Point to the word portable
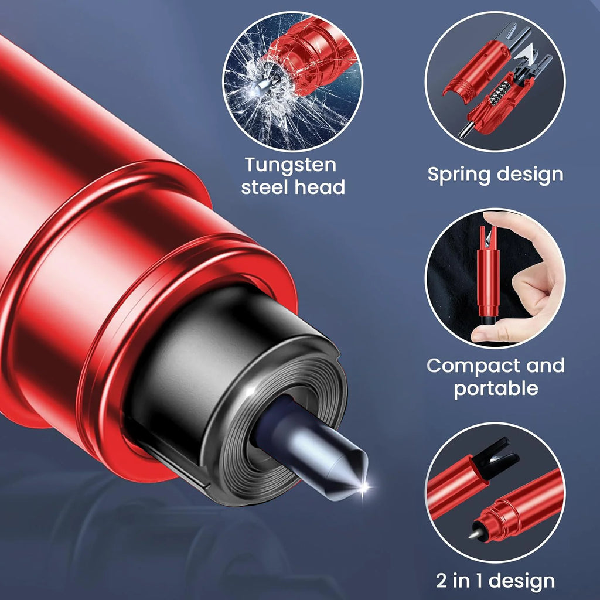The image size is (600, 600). [x=496, y=388]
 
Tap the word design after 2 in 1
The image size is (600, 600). [x=523, y=581]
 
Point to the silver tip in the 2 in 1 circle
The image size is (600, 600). [x=475, y=534]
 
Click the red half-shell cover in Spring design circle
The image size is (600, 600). [x=476, y=71]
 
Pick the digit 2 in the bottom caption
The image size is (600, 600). [x=441, y=581]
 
